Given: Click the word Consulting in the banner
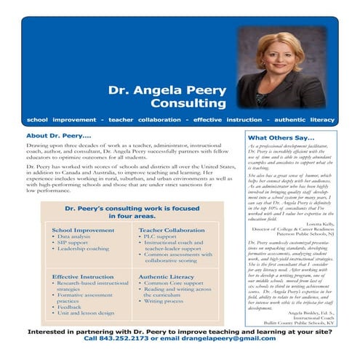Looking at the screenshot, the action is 191,103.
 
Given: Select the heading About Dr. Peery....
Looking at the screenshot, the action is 58,136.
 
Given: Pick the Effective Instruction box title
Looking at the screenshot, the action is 81,277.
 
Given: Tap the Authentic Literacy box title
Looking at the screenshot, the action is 165,277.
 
